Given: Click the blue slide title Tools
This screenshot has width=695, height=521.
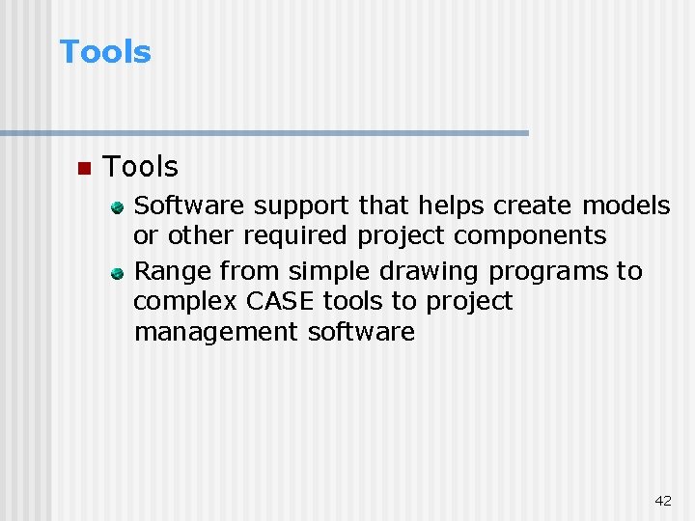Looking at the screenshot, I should (105, 52).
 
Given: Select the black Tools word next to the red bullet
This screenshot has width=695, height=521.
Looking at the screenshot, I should (140, 167).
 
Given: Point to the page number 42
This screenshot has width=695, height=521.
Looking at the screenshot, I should (663, 500).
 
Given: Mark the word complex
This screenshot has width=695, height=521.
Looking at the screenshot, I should (185, 302).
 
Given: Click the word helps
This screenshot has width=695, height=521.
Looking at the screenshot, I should (452, 206).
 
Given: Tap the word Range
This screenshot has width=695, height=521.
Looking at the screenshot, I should (173, 272).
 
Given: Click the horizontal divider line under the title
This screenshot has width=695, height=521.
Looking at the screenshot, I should (264, 133).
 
